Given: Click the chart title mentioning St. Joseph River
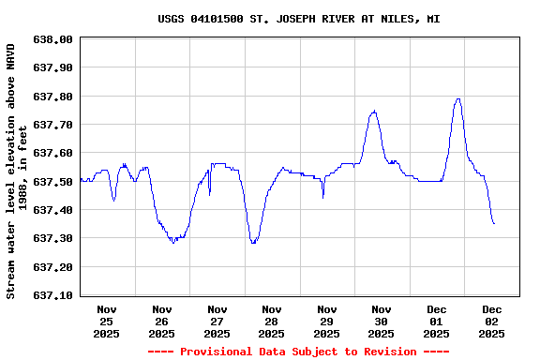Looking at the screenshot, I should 298,19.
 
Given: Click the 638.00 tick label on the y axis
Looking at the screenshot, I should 52,39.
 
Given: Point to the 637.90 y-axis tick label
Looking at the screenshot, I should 52,68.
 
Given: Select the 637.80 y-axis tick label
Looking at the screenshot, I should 52,97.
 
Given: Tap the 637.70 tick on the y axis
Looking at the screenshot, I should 52,125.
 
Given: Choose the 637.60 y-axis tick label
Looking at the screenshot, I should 52,153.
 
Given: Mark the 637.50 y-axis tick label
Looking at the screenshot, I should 52,182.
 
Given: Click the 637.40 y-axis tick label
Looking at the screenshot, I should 52,210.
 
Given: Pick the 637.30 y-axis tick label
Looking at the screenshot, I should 52,238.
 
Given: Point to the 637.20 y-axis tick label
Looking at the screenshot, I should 52,267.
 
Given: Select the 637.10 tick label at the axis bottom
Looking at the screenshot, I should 52,295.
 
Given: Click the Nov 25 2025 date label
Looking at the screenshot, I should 107,321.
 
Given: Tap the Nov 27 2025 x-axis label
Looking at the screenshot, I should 217,321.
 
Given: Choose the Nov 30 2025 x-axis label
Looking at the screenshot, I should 382,321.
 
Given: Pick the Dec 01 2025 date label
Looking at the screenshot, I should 437,321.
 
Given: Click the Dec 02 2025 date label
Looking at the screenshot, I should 492,321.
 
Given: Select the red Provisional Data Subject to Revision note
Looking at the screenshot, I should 297,352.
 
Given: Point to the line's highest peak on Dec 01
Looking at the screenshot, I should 458,98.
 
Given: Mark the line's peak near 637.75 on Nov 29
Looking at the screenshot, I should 374,111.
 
